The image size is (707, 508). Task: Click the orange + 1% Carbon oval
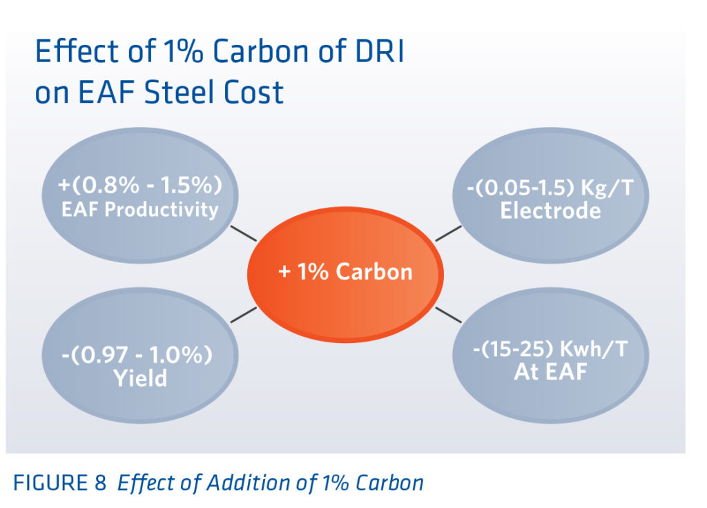click(345, 272)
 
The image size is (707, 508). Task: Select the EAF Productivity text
click(139, 209)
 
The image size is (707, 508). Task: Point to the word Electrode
click(550, 211)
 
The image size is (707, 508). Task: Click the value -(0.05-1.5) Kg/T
click(550, 188)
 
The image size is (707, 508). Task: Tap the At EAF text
click(550, 373)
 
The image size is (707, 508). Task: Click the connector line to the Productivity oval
click(243, 233)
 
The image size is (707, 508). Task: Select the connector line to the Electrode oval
click(448, 233)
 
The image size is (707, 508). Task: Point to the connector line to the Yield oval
click(243, 315)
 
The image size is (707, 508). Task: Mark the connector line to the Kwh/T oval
click(448, 314)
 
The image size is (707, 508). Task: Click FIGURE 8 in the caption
click(59, 482)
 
